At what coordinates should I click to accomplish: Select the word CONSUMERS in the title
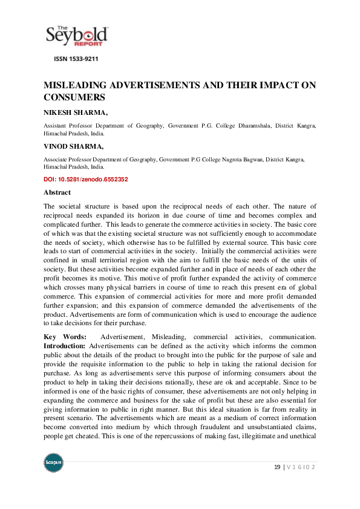[x=75, y=97]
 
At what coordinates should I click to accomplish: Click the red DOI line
[x=85, y=180]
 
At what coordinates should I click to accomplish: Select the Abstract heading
[x=57, y=192]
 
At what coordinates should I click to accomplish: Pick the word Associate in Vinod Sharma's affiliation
[x=56, y=159]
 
